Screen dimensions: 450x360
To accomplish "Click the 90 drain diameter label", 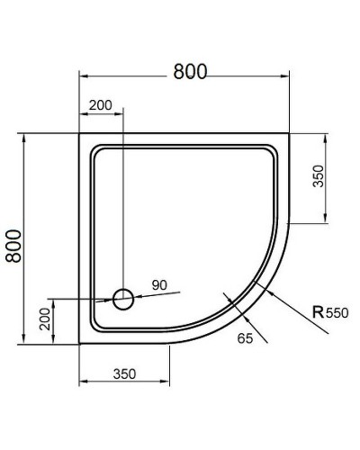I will coord(159,285).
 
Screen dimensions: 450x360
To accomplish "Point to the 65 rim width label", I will coord(245,338).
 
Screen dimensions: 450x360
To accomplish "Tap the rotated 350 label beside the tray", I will coord(318,176).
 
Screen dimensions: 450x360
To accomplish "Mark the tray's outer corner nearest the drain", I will coord(80,345).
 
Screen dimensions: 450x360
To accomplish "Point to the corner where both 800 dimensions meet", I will coord(80,135).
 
